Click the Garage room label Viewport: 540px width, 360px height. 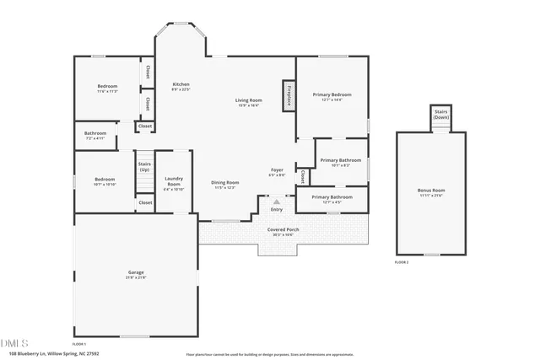coord(136,272)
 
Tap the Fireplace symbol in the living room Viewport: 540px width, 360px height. coord(289,96)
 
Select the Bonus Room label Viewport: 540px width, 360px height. coord(431,191)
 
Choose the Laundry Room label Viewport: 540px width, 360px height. coord(174,180)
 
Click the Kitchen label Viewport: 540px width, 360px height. coord(181,84)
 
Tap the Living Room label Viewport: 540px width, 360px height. coord(248,100)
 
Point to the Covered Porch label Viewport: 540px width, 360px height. coord(283,229)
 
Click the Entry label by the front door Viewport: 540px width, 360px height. coord(277,209)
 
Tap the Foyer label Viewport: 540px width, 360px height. coord(277,170)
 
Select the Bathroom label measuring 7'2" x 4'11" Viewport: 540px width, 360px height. coord(94,133)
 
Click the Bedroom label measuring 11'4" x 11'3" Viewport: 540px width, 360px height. coord(107,87)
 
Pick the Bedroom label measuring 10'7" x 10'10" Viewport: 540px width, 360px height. coord(104,180)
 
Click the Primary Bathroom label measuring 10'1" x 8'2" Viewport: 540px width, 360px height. coord(341,160)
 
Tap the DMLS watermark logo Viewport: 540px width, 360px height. coord(14,343)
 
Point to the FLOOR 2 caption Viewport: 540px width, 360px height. coord(402,263)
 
